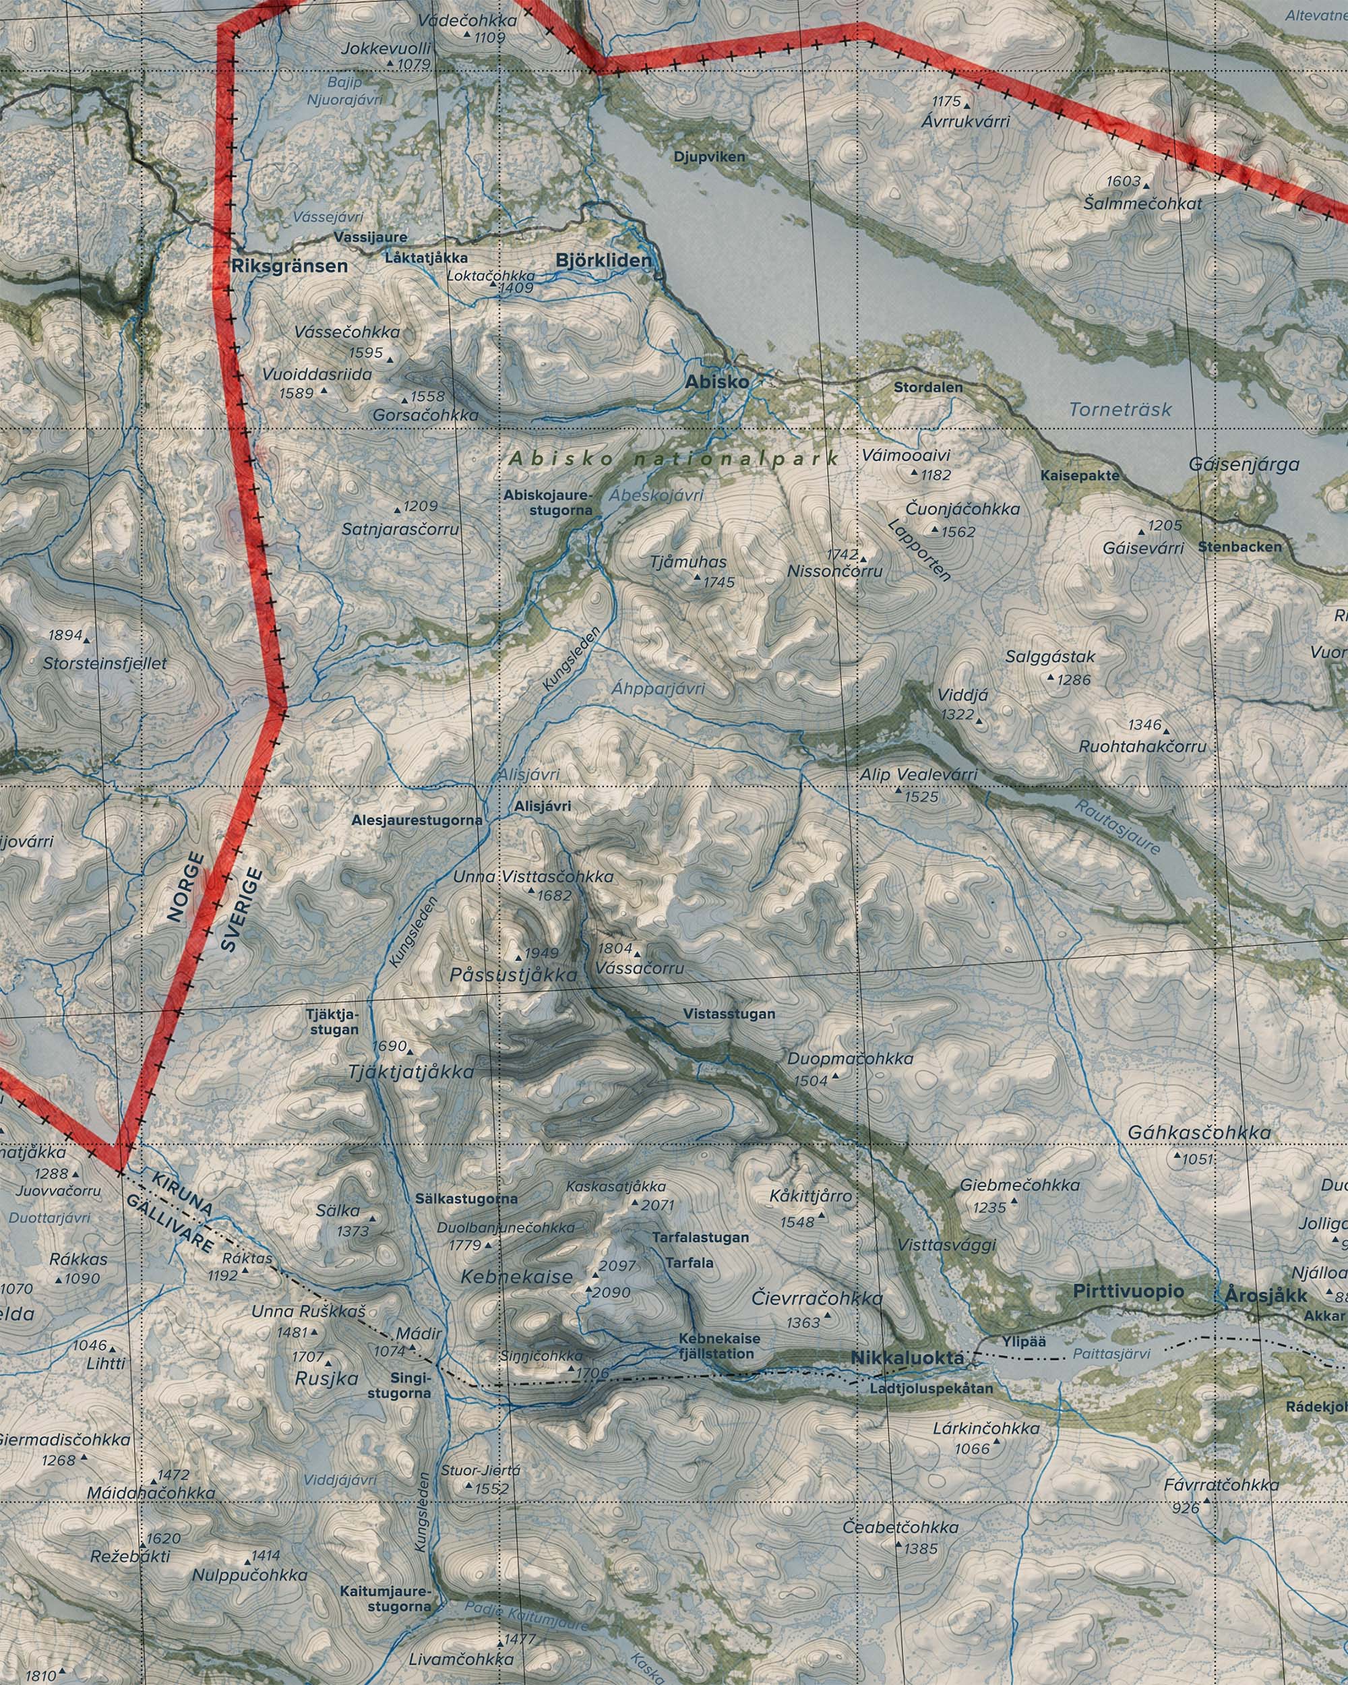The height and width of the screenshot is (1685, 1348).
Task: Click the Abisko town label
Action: click(x=716, y=382)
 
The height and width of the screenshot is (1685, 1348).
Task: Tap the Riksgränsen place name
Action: click(x=289, y=266)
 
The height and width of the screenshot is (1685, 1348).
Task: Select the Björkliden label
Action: click(x=603, y=260)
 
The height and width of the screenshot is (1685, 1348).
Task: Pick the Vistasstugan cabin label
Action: click(x=729, y=1014)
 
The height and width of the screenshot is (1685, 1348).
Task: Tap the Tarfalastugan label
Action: click(x=700, y=1237)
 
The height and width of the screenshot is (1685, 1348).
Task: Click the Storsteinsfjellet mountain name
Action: click(x=106, y=663)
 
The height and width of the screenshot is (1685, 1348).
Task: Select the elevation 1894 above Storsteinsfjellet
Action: click(x=65, y=635)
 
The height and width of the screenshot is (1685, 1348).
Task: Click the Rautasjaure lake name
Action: click(x=1117, y=827)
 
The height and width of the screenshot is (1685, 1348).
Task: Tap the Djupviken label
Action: click(x=710, y=156)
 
